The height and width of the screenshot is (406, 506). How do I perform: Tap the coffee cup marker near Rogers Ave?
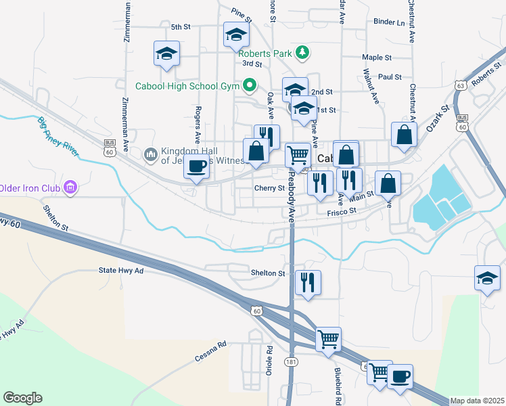pyautogui.click(x=197, y=166)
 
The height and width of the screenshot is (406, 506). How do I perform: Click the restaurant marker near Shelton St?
pyautogui.click(x=308, y=281)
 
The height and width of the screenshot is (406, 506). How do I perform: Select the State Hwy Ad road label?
pyautogui.click(x=122, y=271)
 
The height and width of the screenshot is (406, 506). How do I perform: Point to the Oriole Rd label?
pyautogui.click(x=269, y=361)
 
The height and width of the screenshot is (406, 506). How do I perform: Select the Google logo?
pyautogui.click(x=22, y=397)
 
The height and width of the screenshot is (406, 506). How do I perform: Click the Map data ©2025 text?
pyautogui.click(x=478, y=401)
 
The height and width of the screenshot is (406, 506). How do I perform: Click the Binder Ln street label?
pyautogui.click(x=389, y=22)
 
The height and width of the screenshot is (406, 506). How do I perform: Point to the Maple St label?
pyautogui.click(x=377, y=58)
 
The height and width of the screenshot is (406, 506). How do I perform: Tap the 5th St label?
pyautogui.click(x=181, y=27)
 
